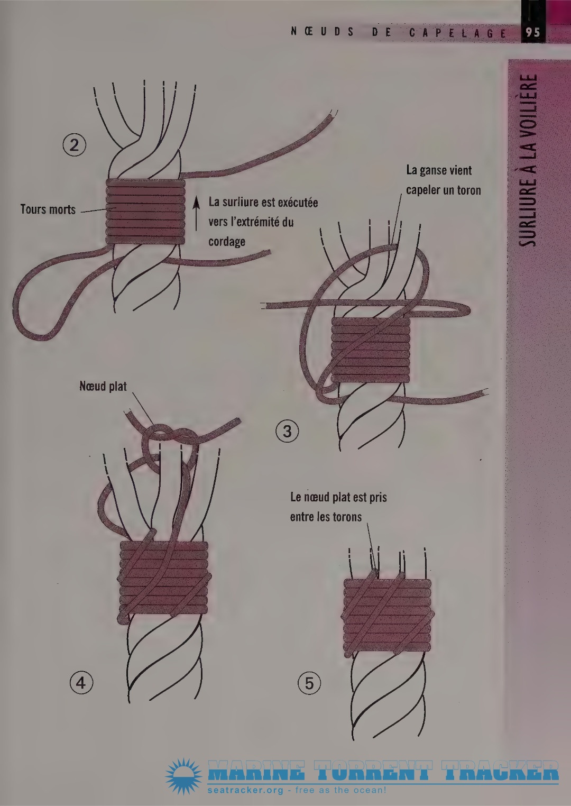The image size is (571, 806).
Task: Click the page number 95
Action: coord(532,33)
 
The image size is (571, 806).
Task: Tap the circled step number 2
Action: coord(74,145)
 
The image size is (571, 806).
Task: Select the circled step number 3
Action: coord(287,431)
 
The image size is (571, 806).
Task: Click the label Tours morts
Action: coord(48,209)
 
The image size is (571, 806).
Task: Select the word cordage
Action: coord(227,242)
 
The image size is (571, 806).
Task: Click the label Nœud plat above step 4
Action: coord(103,387)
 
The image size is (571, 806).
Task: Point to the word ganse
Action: coord(433,170)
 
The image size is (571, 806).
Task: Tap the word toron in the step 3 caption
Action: coord(469,190)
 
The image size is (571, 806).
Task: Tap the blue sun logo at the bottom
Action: coord(184,776)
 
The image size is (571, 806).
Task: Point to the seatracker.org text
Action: coord(245,790)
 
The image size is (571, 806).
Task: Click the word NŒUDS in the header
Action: coord(322,32)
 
